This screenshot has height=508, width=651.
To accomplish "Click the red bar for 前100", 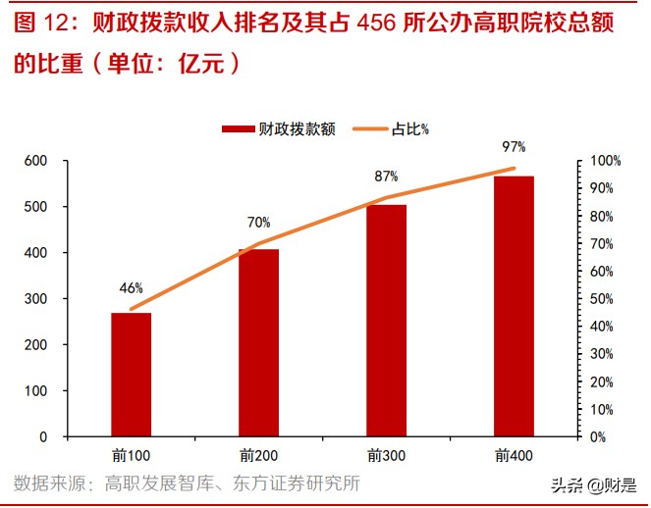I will [131, 375].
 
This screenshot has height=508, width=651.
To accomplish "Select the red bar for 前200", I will [258, 342].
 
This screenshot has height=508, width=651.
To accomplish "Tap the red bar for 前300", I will [386, 320].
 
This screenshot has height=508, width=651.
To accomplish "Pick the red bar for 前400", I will [514, 306].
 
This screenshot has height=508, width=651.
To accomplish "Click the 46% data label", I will [131, 288].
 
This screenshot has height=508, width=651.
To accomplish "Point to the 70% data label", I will [258, 223].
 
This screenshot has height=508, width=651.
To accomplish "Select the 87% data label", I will [386, 177].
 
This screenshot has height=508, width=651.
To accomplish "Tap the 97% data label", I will [514, 147].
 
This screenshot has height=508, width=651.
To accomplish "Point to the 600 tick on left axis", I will [36, 161].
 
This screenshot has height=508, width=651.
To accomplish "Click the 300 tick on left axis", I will [36, 299].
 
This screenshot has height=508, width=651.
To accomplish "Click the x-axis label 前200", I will [258, 456].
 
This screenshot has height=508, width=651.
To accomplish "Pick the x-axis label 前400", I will [514, 456].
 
